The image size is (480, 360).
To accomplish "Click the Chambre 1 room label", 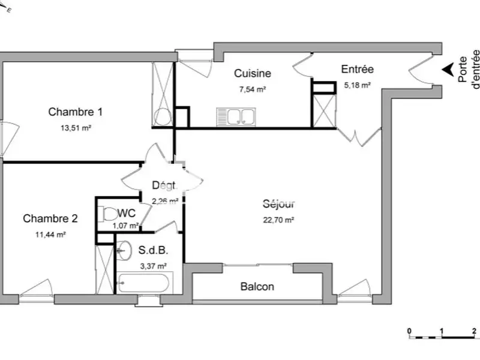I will (x=75, y=112).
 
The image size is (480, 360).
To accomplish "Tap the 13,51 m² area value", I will (x=75, y=128).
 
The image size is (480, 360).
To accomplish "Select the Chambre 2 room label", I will (x=50, y=218).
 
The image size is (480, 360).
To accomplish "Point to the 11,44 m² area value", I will (x=50, y=235).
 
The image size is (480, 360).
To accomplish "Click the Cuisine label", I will (x=252, y=74).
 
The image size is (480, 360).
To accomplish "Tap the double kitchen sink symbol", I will (x=236, y=115).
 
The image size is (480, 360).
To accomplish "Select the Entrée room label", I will (x=358, y=70).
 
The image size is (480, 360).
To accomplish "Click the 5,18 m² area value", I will (x=358, y=85).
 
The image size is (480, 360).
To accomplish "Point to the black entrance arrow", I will (x=447, y=70).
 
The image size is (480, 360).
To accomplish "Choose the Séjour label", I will (x=280, y=203).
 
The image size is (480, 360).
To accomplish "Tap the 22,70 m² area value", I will (x=280, y=220).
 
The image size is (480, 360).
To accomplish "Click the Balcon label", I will (x=257, y=286).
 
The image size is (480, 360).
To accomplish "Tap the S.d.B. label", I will (x=153, y=251).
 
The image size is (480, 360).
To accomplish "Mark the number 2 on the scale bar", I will (x=473, y=331).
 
